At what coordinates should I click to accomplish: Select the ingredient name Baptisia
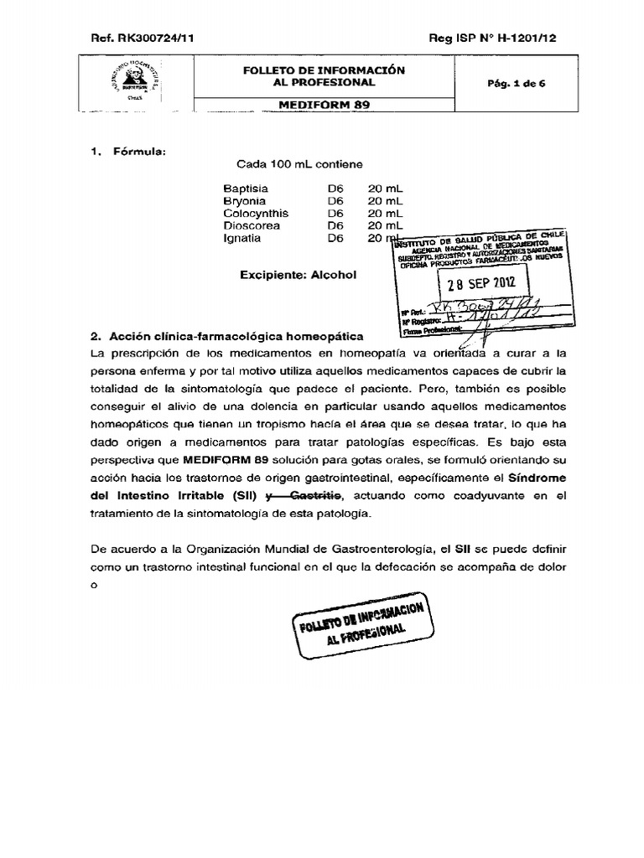[246, 189]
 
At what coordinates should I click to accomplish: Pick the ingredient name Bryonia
[245, 201]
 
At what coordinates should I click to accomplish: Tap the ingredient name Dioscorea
[252, 225]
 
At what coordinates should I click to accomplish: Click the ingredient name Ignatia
[242, 238]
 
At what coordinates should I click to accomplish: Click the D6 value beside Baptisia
[336, 189]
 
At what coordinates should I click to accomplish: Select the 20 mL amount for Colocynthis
[386, 214]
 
